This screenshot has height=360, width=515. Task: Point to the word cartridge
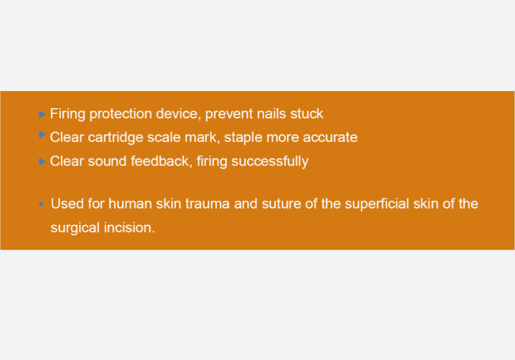[x=115, y=138]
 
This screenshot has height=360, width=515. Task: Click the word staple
[x=243, y=138]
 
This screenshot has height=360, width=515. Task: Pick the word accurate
[x=330, y=137]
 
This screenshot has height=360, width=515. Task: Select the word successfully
[x=270, y=161]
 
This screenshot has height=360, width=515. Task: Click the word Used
[x=67, y=203]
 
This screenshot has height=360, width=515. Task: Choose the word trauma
[x=207, y=204]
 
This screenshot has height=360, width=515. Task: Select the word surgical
[x=75, y=228]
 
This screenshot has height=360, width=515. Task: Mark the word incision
[x=130, y=227]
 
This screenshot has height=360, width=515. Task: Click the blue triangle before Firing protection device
[x=42, y=114]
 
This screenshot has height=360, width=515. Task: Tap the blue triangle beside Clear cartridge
[x=42, y=134]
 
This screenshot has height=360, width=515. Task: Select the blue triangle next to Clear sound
[x=42, y=161]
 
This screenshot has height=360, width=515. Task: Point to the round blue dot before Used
[x=41, y=204]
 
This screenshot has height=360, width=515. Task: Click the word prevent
[x=229, y=114]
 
